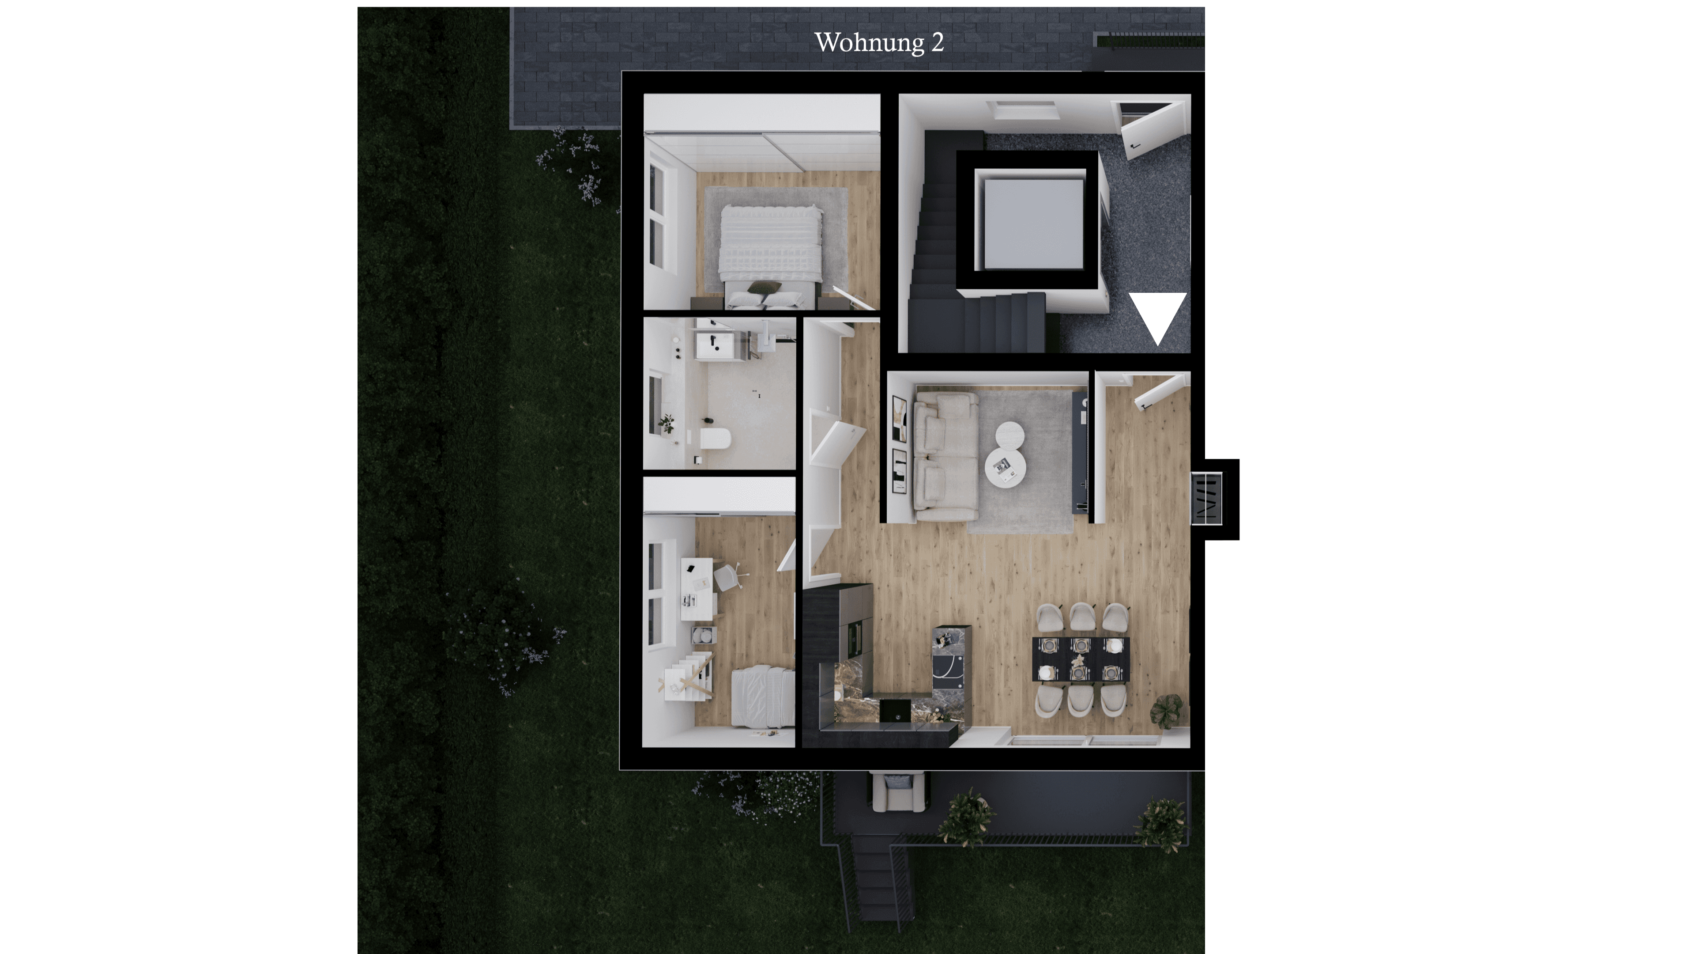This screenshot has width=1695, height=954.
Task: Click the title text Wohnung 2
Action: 879,43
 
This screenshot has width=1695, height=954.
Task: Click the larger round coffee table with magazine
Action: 1005,467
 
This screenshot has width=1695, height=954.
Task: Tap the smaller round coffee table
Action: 1010,435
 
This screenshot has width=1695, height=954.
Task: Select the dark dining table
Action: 1081,659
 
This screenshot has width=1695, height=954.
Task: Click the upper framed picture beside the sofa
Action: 899,418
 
